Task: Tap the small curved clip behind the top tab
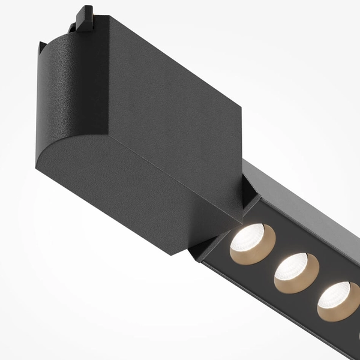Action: [x=75, y=26]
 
